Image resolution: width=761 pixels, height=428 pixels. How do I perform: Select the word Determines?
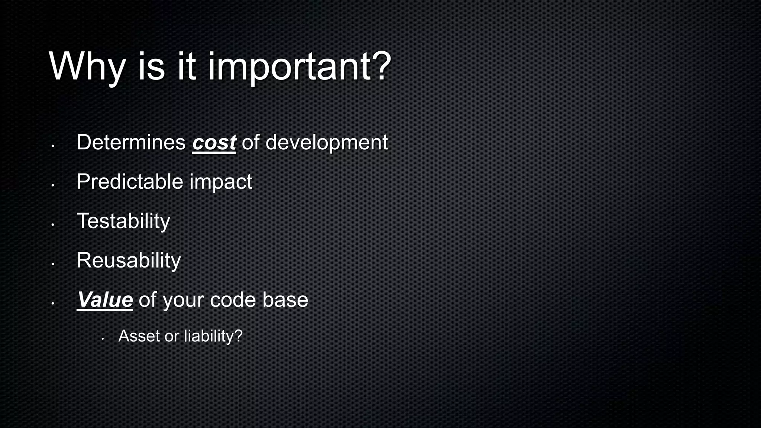(x=131, y=142)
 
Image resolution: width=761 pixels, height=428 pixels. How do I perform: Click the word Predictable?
(x=130, y=182)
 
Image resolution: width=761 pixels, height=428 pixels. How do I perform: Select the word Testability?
(x=123, y=221)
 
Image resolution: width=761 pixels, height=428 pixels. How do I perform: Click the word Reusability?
(x=129, y=261)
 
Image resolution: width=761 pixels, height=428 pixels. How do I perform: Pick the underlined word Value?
(x=105, y=300)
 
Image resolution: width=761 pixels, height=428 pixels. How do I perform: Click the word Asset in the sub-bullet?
(x=139, y=336)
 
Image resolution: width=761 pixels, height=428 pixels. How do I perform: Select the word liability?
(x=213, y=336)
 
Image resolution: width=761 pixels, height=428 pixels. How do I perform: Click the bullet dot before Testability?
(x=53, y=224)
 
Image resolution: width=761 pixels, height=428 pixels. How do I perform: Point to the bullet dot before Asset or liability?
(x=103, y=339)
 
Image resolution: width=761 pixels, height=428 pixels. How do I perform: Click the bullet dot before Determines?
(x=53, y=146)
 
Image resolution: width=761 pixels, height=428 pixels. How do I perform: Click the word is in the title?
(x=151, y=67)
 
